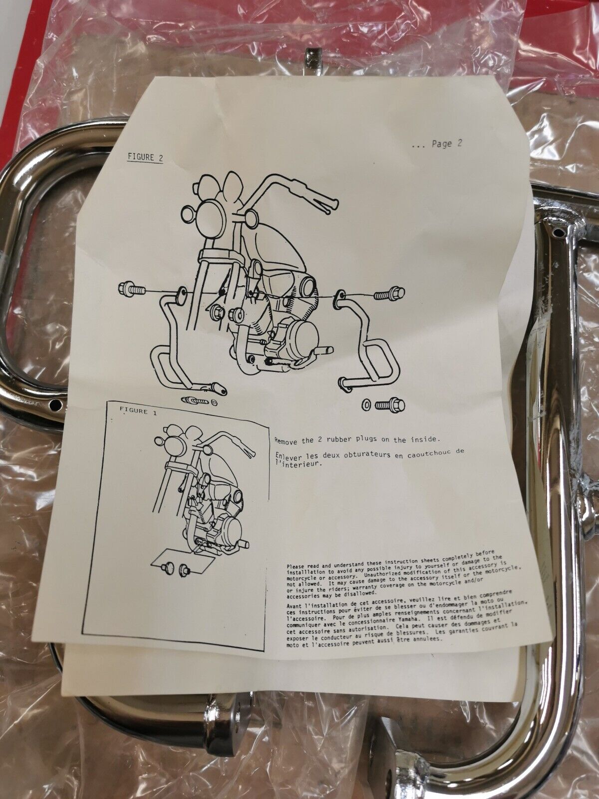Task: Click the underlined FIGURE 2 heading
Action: click(145, 158)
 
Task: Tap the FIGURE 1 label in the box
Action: click(134, 411)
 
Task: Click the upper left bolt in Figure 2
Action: click(132, 290)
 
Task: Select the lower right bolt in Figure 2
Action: click(389, 404)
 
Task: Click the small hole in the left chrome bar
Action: click(55, 403)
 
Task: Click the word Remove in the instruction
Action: click(286, 441)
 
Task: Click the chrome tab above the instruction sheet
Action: click(313, 62)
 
